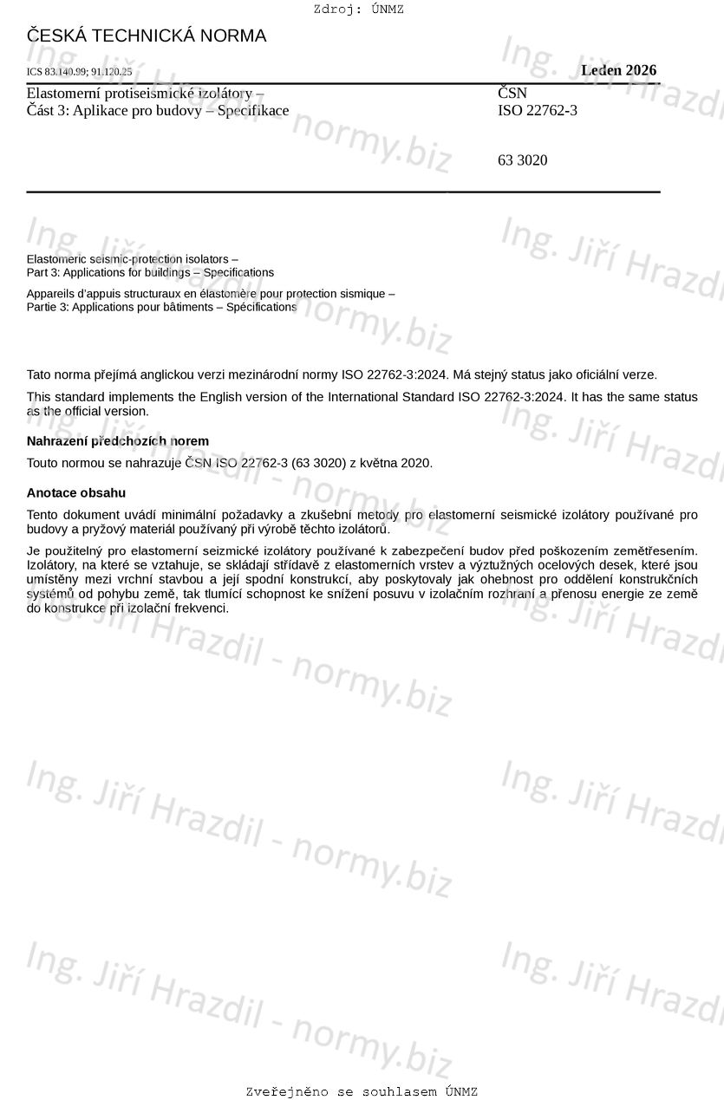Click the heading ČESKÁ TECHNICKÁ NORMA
point(147,36)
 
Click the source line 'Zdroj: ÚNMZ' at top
point(358,10)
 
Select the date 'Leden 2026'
point(618,70)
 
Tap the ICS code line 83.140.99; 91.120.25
point(80,72)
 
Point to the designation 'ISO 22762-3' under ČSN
point(538,110)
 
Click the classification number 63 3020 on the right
point(523,160)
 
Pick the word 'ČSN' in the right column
point(512,93)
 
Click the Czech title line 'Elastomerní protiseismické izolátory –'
point(146,93)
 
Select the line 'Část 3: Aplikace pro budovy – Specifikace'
point(158,110)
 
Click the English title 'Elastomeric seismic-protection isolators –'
point(133,259)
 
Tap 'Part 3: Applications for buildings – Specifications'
point(150,272)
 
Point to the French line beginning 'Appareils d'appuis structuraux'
point(211,294)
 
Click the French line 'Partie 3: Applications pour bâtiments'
point(161,307)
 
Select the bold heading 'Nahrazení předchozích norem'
point(118,441)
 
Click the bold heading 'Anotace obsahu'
point(76,493)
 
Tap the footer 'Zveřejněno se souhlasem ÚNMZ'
point(362,1091)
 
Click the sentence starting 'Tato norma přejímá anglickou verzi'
point(342,374)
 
